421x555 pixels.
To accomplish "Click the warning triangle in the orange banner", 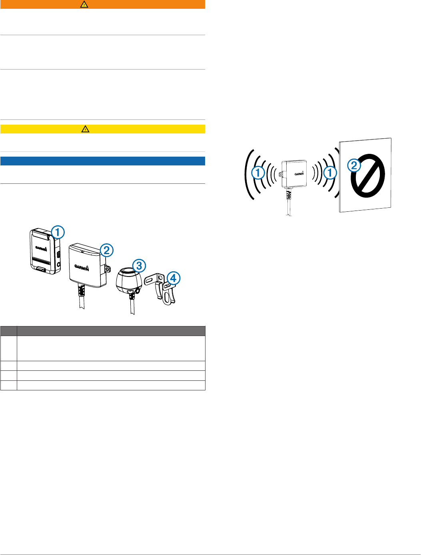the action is point(84,4).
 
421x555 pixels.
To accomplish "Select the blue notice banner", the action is point(102,161).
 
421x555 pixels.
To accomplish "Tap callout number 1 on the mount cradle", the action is point(58,231).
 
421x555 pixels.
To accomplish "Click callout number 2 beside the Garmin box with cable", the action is point(106,251).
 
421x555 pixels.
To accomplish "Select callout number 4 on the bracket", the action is point(173,278).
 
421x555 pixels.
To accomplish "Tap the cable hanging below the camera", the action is point(132,306).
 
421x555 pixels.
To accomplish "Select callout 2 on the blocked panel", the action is point(354,165).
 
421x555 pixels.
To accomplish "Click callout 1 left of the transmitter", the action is point(258,173).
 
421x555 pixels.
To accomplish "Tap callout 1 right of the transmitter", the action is point(330,173).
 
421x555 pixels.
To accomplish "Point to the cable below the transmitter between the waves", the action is point(288,206).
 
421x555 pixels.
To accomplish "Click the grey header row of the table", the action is point(102,331).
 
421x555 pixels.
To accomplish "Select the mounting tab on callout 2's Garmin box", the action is point(107,270).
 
